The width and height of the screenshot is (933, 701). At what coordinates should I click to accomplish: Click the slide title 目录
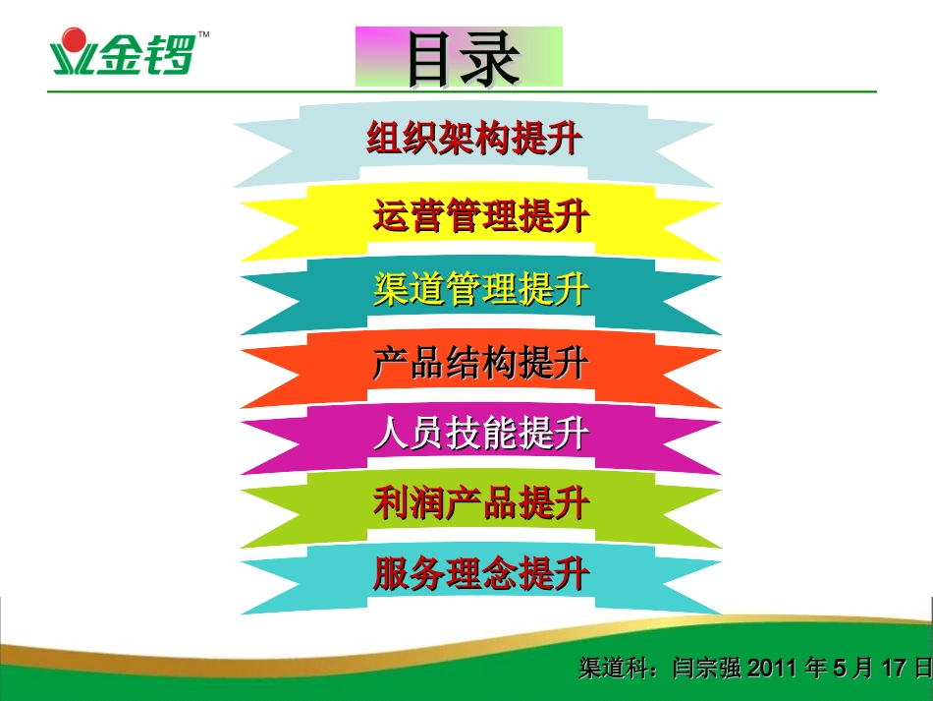tap(459, 57)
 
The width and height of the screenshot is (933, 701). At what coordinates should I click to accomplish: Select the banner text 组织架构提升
tap(473, 140)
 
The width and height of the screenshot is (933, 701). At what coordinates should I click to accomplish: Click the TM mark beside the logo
tap(203, 34)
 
